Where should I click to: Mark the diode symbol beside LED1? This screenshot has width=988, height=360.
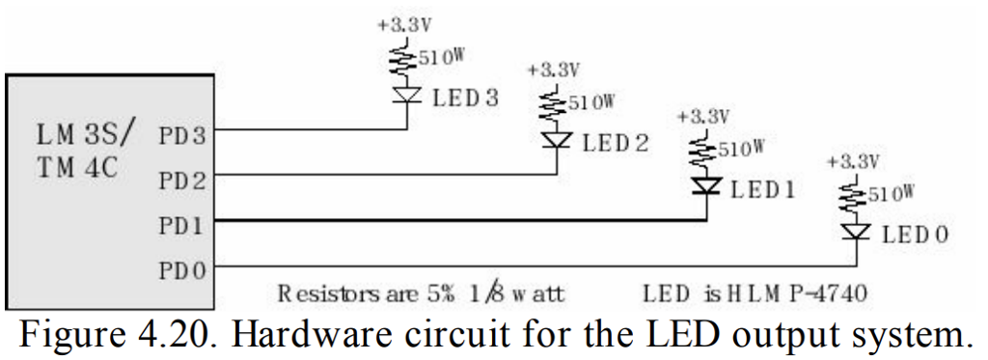pos(707,186)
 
